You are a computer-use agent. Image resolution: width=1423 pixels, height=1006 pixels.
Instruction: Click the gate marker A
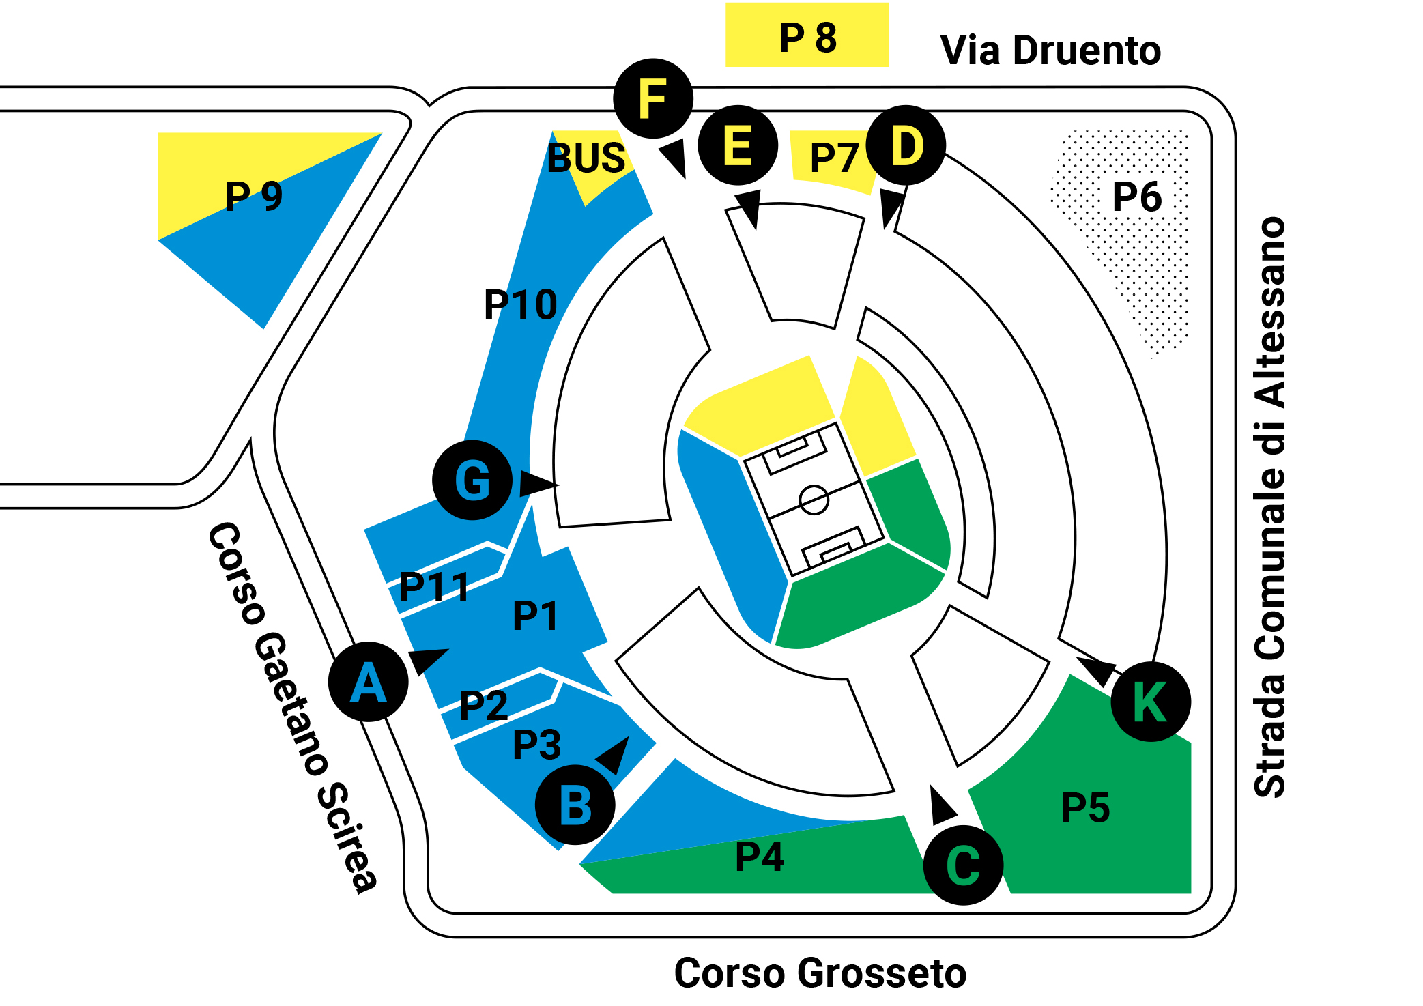pyautogui.click(x=369, y=682)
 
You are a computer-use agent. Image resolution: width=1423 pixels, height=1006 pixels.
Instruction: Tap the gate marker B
pyautogui.click(x=575, y=805)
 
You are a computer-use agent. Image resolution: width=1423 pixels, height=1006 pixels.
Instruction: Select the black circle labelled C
pyautogui.click(x=963, y=865)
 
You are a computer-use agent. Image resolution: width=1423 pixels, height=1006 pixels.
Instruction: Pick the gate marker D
pyautogui.click(x=906, y=145)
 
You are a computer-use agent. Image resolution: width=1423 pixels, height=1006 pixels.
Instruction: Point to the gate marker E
pyautogui.click(x=738, y=145)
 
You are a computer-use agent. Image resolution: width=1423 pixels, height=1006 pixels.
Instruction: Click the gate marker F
pyautogui.click(x=653, y=99)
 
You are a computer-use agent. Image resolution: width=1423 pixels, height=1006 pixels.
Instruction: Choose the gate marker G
pyautogui.click(x=472, y=480)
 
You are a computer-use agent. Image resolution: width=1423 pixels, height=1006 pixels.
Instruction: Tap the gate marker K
pyautogui.click(x=1151, y=702)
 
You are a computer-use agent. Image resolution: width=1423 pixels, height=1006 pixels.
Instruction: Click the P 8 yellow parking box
pyautogui.click(x=807, y=35)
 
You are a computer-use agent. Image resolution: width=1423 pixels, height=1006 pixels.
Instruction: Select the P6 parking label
pyautogui.click(x=1137, y=197)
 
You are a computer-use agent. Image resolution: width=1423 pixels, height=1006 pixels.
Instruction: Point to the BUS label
pyautogui.click(x=586, y=158)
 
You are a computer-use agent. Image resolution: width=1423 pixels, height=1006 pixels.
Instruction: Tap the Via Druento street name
pyautogui.click(x=1050, y=50)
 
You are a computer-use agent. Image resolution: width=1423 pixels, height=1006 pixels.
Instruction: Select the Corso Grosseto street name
pyautogui.click(x=820, y=973)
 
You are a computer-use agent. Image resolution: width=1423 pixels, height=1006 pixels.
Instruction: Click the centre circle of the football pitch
pyautogui.click(x=814, y=500)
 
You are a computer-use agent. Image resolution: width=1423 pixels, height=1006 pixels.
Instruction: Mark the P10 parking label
pyautogui.click(x=521, y=304)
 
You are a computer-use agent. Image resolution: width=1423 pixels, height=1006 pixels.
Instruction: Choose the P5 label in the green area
pyautogui.click(x=1086, y=807)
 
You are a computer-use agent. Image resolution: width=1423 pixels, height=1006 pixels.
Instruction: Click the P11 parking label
pyautogui.click(x=435, y=587)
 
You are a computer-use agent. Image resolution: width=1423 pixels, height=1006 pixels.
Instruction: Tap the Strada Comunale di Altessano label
pyautogui.click(x=1270, y=507)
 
